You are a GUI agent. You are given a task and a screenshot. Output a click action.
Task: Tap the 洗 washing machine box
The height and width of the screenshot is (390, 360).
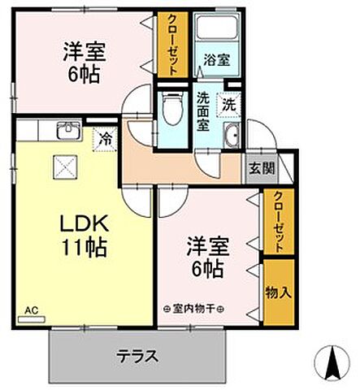point(232,104)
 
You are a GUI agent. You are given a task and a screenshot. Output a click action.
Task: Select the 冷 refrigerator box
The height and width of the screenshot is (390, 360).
point(106,139)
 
